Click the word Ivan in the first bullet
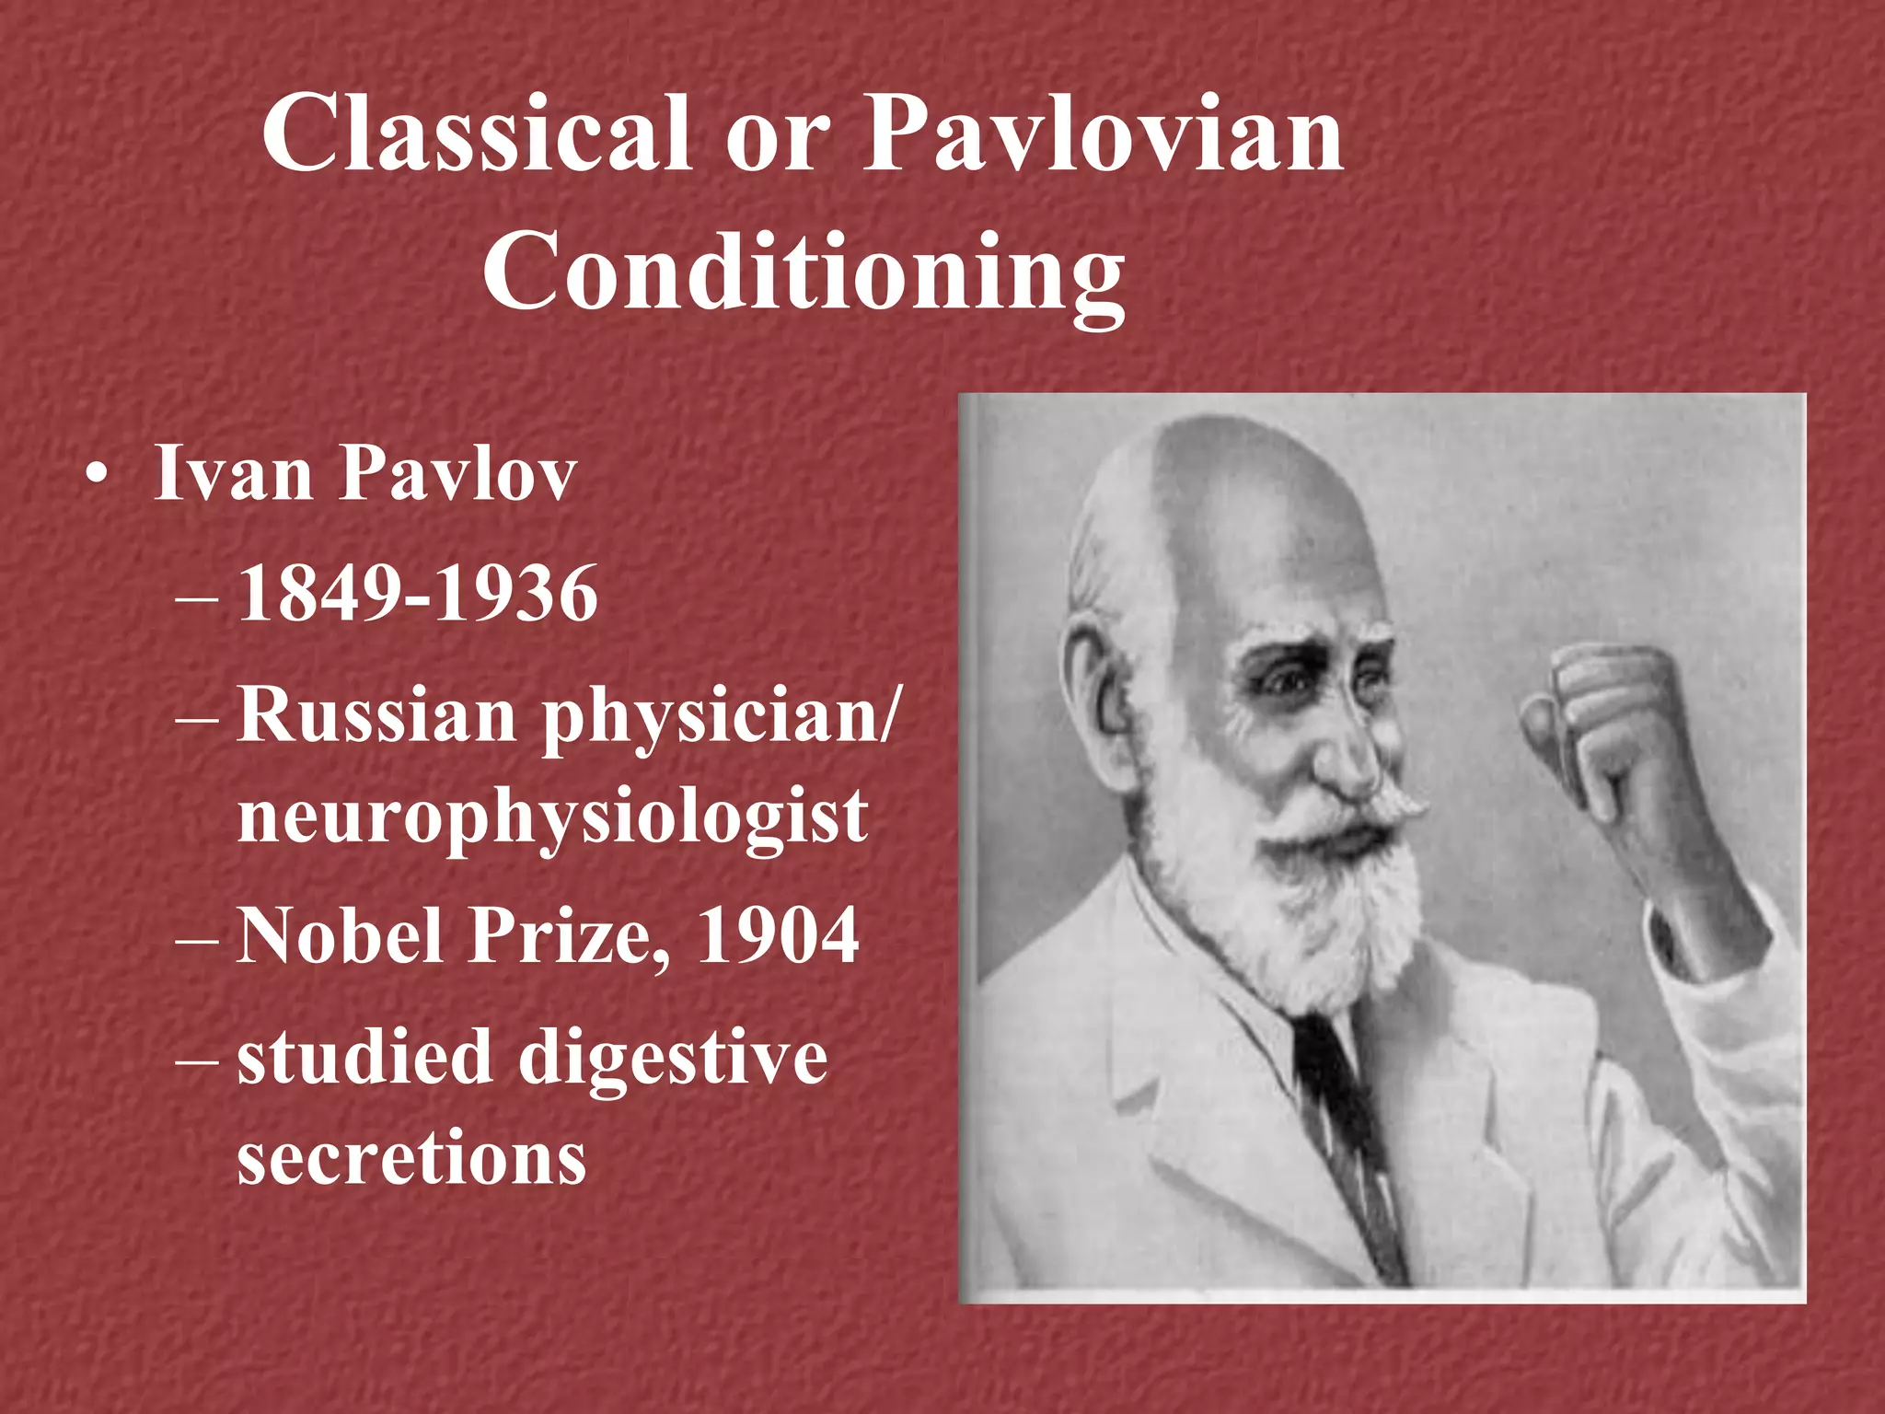(234, 474)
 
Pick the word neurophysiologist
(552, 817)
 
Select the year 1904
(778, 936)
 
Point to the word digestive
(673, 1059)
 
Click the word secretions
(411, 1157)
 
